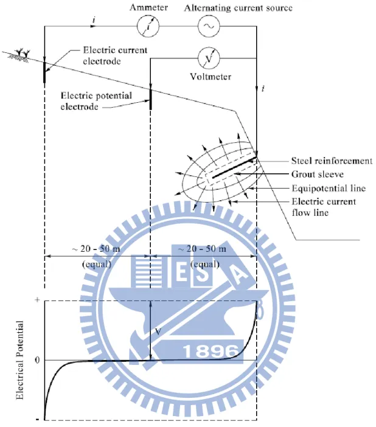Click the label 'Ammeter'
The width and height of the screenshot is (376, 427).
(x=149, y=7)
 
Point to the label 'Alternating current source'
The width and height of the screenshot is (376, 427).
(x=238, y=8)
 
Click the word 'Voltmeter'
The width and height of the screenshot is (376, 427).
(x=211, y=77)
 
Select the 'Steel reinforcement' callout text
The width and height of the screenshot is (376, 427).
(x=332, y=161)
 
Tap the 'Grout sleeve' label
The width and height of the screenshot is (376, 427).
(x=318, y=175)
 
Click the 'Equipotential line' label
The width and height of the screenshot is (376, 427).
(x=329, y=188)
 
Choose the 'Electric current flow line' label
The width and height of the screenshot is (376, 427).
(x=324, y=207)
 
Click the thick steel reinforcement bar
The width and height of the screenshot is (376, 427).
(x=234, y=167)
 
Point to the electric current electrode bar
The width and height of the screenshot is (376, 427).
(x=44, y=72)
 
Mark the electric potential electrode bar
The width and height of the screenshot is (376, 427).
(x=151, y=99)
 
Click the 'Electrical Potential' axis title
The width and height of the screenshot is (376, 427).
(x=19, y=360)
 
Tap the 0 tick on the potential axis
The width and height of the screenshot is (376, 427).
(x=37, y=360)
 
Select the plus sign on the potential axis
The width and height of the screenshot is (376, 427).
(x=37, y=300)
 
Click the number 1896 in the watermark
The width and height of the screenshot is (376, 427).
(x=211, y=351)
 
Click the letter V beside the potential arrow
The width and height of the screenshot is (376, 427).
(x=158, y=332)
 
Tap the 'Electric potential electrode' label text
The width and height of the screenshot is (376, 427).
(x=96, y=101)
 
